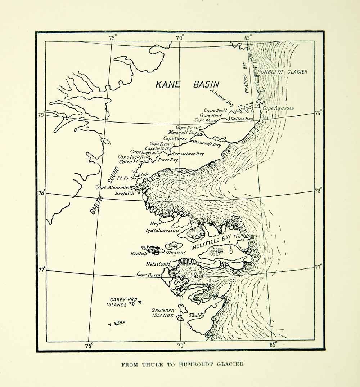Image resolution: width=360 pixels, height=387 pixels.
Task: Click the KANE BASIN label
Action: tap(187, 84)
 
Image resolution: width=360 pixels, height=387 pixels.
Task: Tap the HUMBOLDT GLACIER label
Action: tap(282, 72)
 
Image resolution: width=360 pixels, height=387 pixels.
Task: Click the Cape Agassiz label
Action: tap(278, 108)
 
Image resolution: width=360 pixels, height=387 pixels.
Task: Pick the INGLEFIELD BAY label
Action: tap(211, 244)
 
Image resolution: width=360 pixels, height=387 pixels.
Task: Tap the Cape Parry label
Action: tap(148, 275)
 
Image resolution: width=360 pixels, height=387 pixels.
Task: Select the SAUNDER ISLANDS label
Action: tap(163, 313)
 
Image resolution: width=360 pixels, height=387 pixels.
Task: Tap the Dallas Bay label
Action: tap(242, 119)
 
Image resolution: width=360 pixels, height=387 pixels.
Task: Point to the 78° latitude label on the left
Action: tap(42, 192)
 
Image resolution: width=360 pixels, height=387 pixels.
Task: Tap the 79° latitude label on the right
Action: tap(318, 112)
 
